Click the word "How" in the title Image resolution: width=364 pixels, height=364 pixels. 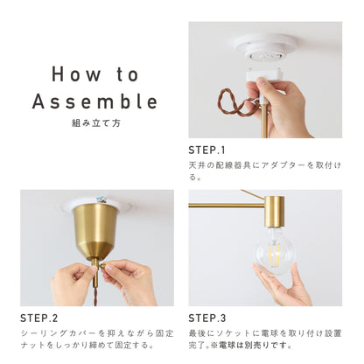pyautogui.click(x=76, y=74)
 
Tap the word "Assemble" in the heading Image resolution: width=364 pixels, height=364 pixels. pyautogui.click(x=94, y=101)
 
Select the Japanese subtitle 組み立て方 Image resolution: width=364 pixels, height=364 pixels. pyautogui.click(x=96, y=123)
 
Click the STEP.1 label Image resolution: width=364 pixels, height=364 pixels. pyautogui.click(x=206, y=150)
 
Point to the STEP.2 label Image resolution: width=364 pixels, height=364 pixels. pyautogui.click(x=38, y=318)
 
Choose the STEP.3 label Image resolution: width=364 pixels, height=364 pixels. pyautogui.click(x=207, y=318)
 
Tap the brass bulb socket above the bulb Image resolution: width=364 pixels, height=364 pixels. pyautogui.click(x=274, y=212)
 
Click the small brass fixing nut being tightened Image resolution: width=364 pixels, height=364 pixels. pyautogui.click(x=103, y=266)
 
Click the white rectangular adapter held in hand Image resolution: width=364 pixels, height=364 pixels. pyautogui.click(x=265, y=76)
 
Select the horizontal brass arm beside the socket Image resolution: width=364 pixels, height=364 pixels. pyautogui.click(x=227, y=206)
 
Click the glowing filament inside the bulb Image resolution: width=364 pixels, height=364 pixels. pyautogui.click(x=274, y=256)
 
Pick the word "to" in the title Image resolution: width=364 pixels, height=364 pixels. pyautogui.click(x=128, y=74)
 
